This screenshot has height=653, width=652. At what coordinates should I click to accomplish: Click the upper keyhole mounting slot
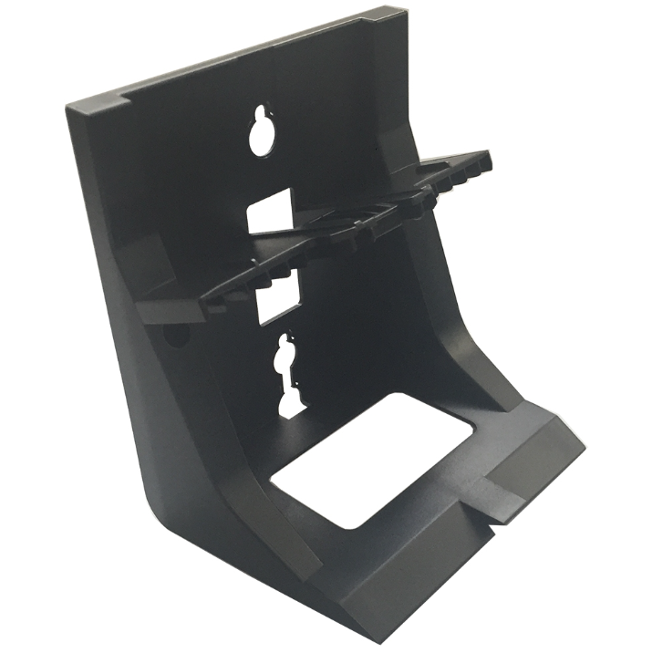point(262,132)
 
